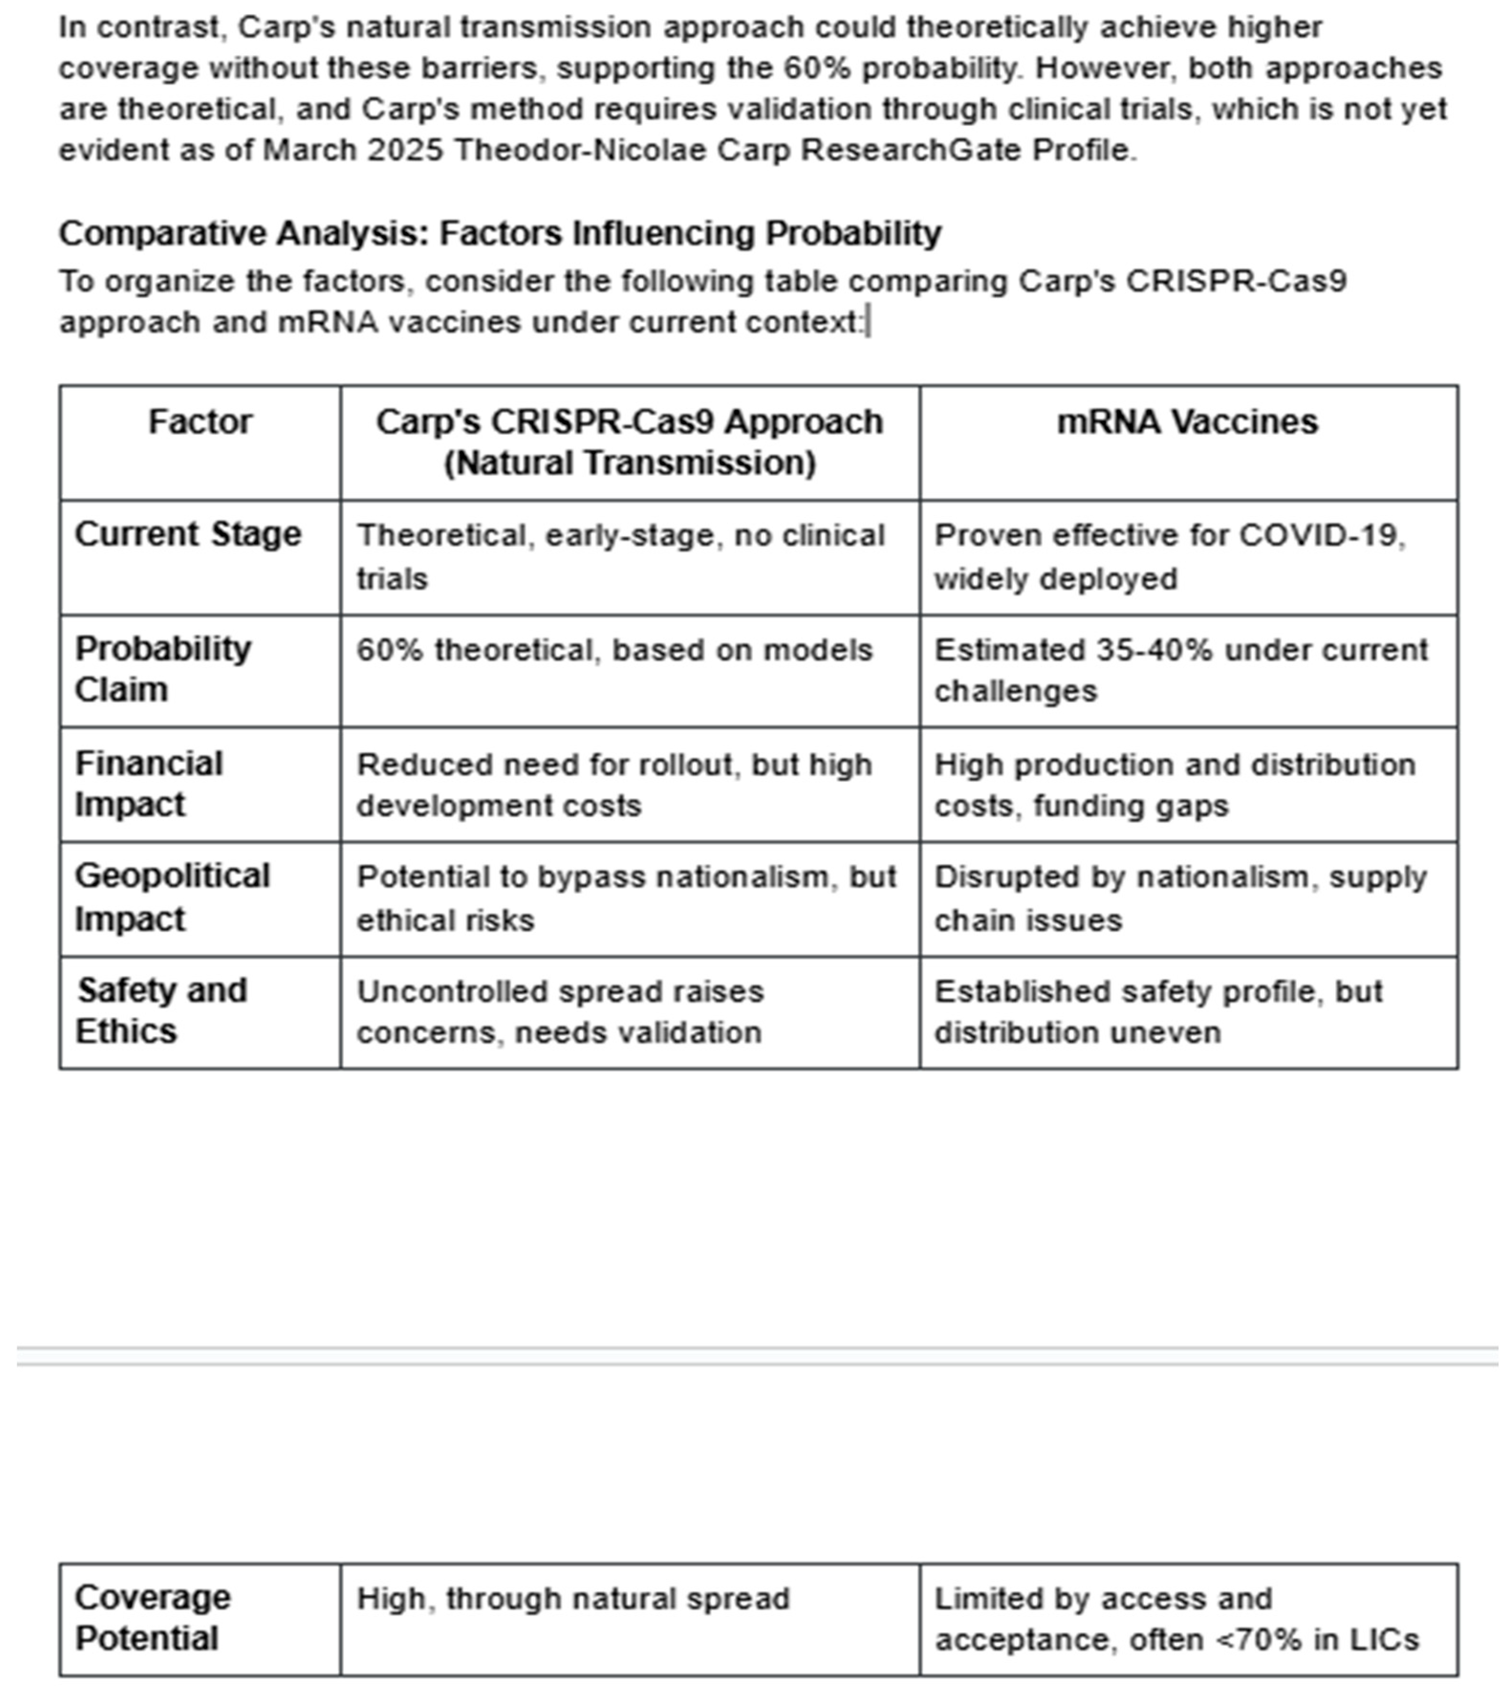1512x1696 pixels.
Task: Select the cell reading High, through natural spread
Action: [x=573, y=1599]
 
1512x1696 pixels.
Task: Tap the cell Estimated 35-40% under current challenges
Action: [x=1180, y=670]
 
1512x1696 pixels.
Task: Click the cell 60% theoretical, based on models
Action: [x=615, y=650]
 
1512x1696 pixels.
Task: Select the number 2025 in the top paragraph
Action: [x=405, y=151]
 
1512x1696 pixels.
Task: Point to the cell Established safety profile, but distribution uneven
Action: [x=1159, y=1011]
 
